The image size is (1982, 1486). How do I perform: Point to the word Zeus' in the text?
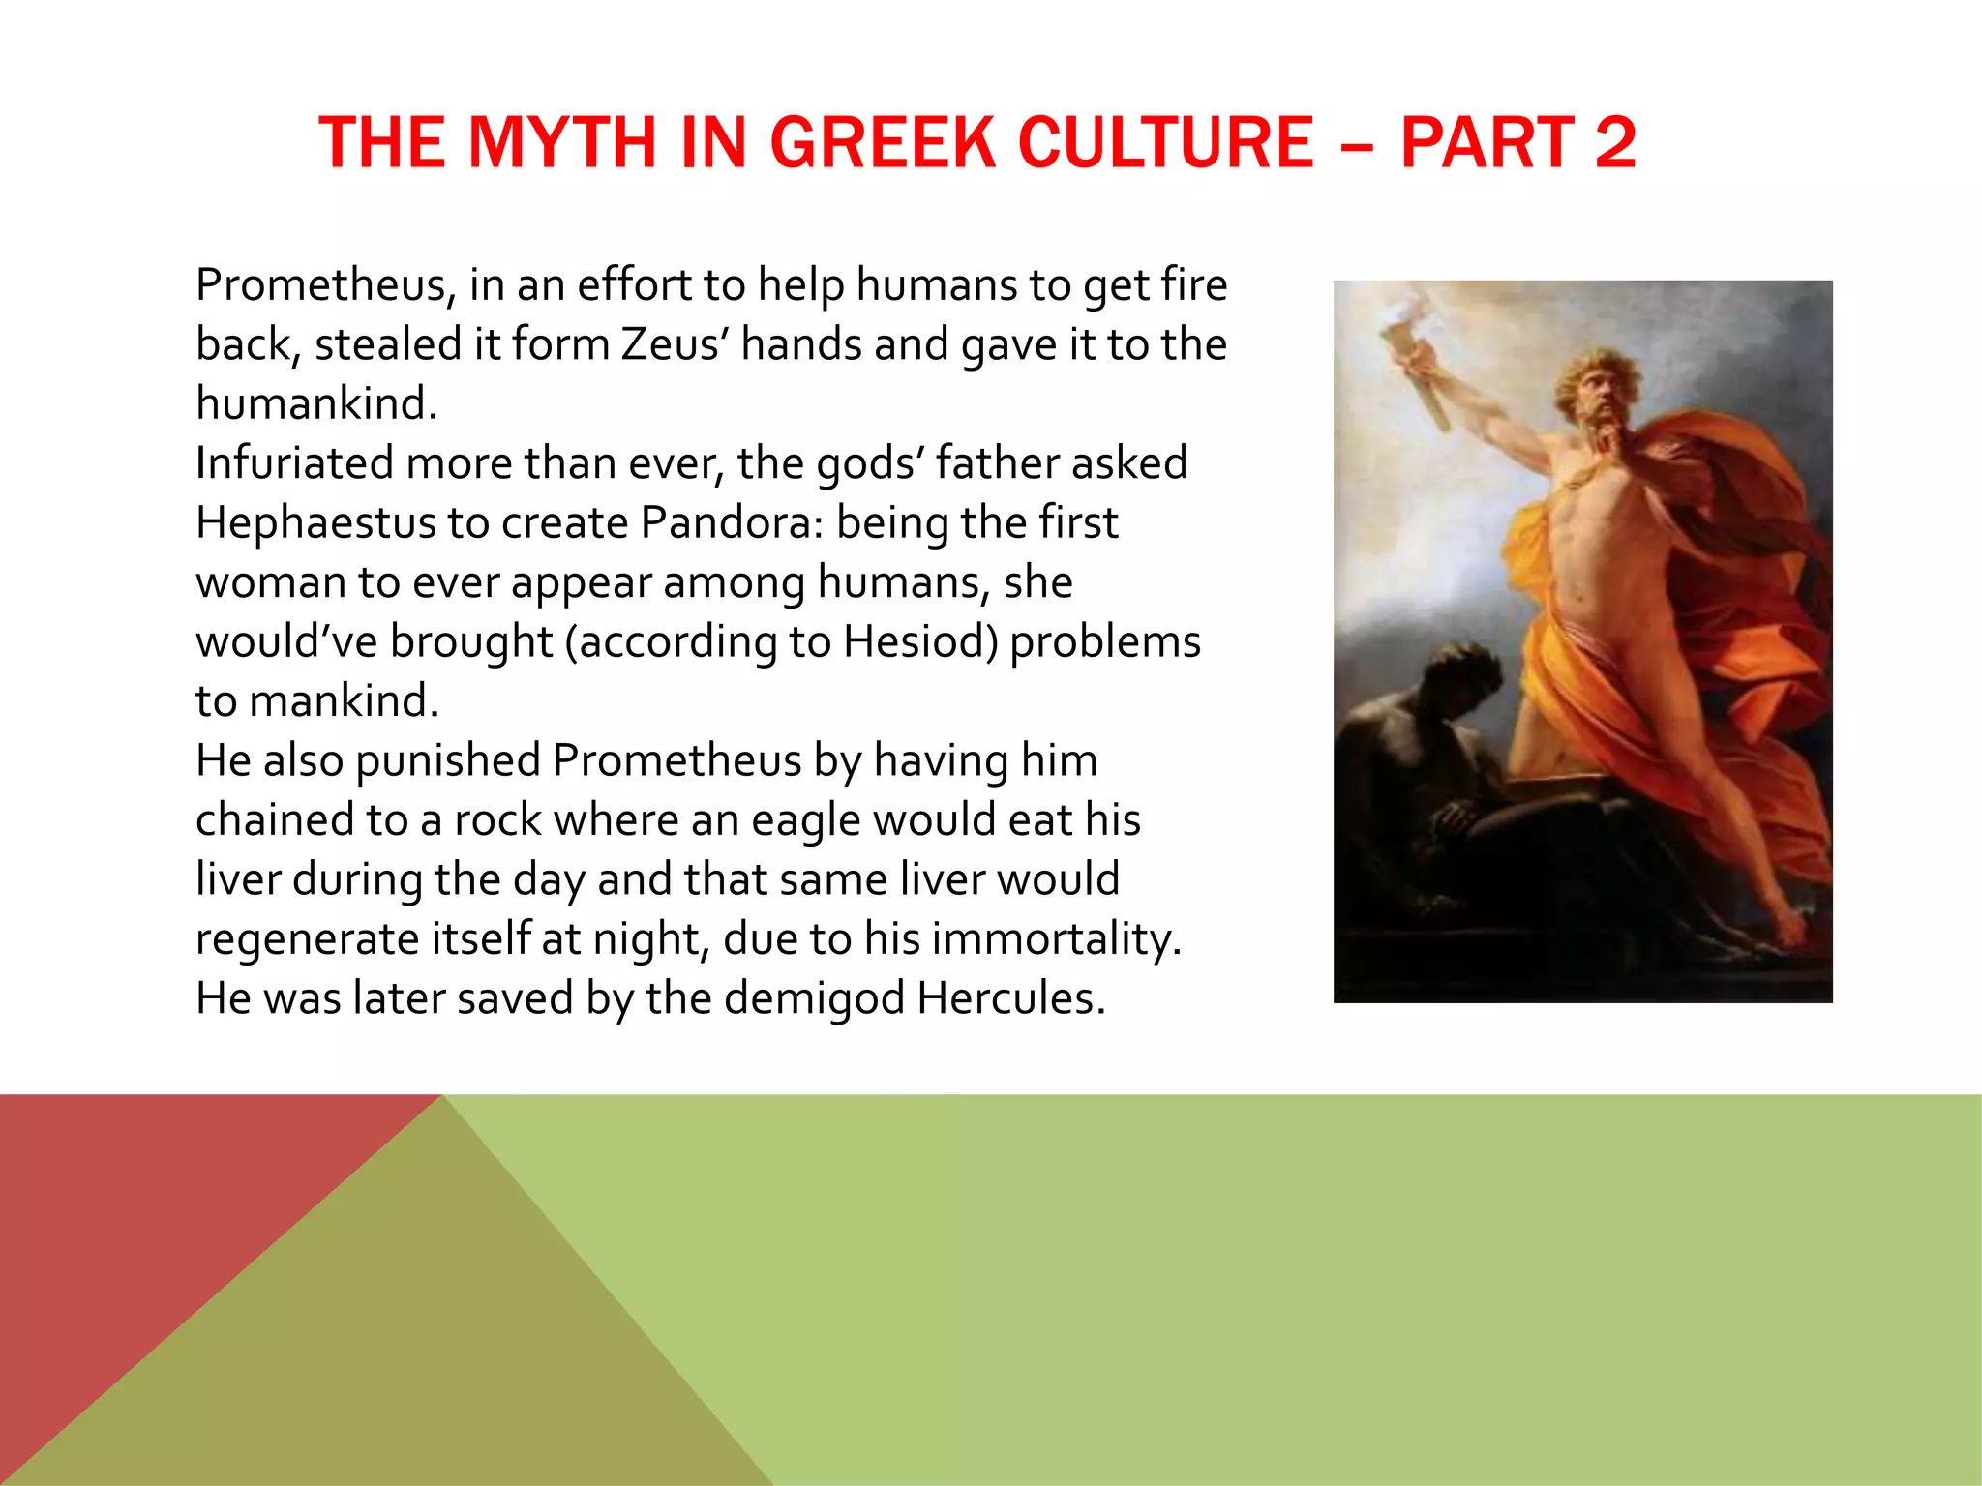tap(676, 344)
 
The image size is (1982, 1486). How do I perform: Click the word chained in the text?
tap(274, 820)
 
